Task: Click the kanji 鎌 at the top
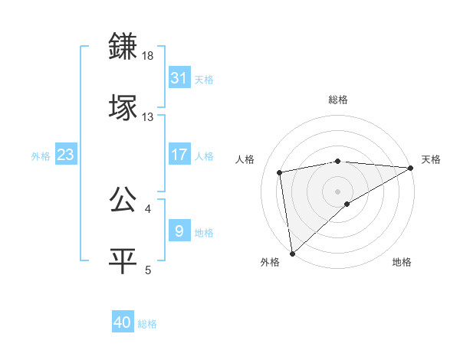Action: click(123, 47)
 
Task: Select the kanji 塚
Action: click(123, 107)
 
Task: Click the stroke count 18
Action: click(148, 57)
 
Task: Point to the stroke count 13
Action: click(148, 116)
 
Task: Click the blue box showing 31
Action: click(179, 77)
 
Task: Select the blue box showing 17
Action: click(179, 154)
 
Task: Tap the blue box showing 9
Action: click(179, 230)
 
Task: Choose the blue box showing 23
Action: click(66, 155)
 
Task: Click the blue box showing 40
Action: click(123, 322)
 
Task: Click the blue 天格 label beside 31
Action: click(204, 79)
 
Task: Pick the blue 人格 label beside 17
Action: click(204, 155)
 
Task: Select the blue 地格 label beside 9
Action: click(204, 232)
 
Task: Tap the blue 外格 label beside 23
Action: click(41, 156)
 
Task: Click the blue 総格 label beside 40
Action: click(148, 324)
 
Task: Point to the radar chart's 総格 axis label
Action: click(338, 100)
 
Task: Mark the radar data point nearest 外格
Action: click(292, 254)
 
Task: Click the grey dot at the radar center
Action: click(338, 190)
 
